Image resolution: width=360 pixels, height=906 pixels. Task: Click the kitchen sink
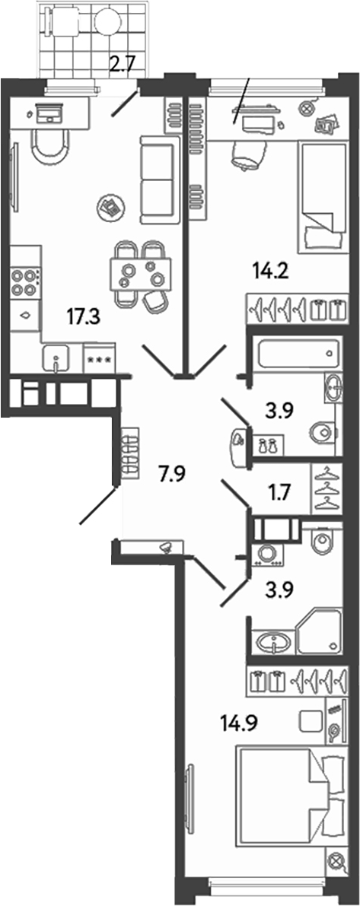point(56,359)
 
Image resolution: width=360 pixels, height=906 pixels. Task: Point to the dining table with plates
point(141,273)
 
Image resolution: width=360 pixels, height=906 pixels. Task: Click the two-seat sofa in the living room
point(157,180)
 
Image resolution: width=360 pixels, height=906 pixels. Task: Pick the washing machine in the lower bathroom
point(268,553)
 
